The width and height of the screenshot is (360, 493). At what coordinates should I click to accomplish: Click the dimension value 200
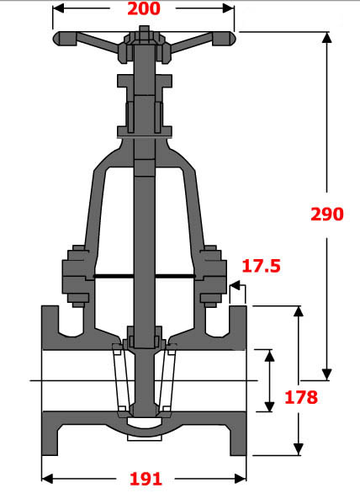(x=145, y=10)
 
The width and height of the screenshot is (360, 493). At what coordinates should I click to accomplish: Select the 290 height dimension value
(x=327, y=214)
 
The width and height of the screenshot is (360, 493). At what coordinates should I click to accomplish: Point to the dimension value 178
(x=300, y=397)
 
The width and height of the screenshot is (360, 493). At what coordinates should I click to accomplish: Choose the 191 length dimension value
(x=145, y=479)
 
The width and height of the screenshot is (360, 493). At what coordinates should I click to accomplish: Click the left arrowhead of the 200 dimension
(x=58, y=10)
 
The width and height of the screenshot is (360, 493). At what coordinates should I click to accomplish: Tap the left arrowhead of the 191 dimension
(x=47, y=479)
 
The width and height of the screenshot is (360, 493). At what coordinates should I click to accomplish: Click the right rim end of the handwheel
(x=230, y=39)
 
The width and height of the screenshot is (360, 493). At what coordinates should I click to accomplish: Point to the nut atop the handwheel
(x=145, y=32)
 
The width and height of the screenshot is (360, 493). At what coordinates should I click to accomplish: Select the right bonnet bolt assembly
(x=213, y=275)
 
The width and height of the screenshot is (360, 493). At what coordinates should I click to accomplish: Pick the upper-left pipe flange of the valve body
(x=50, y=328)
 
